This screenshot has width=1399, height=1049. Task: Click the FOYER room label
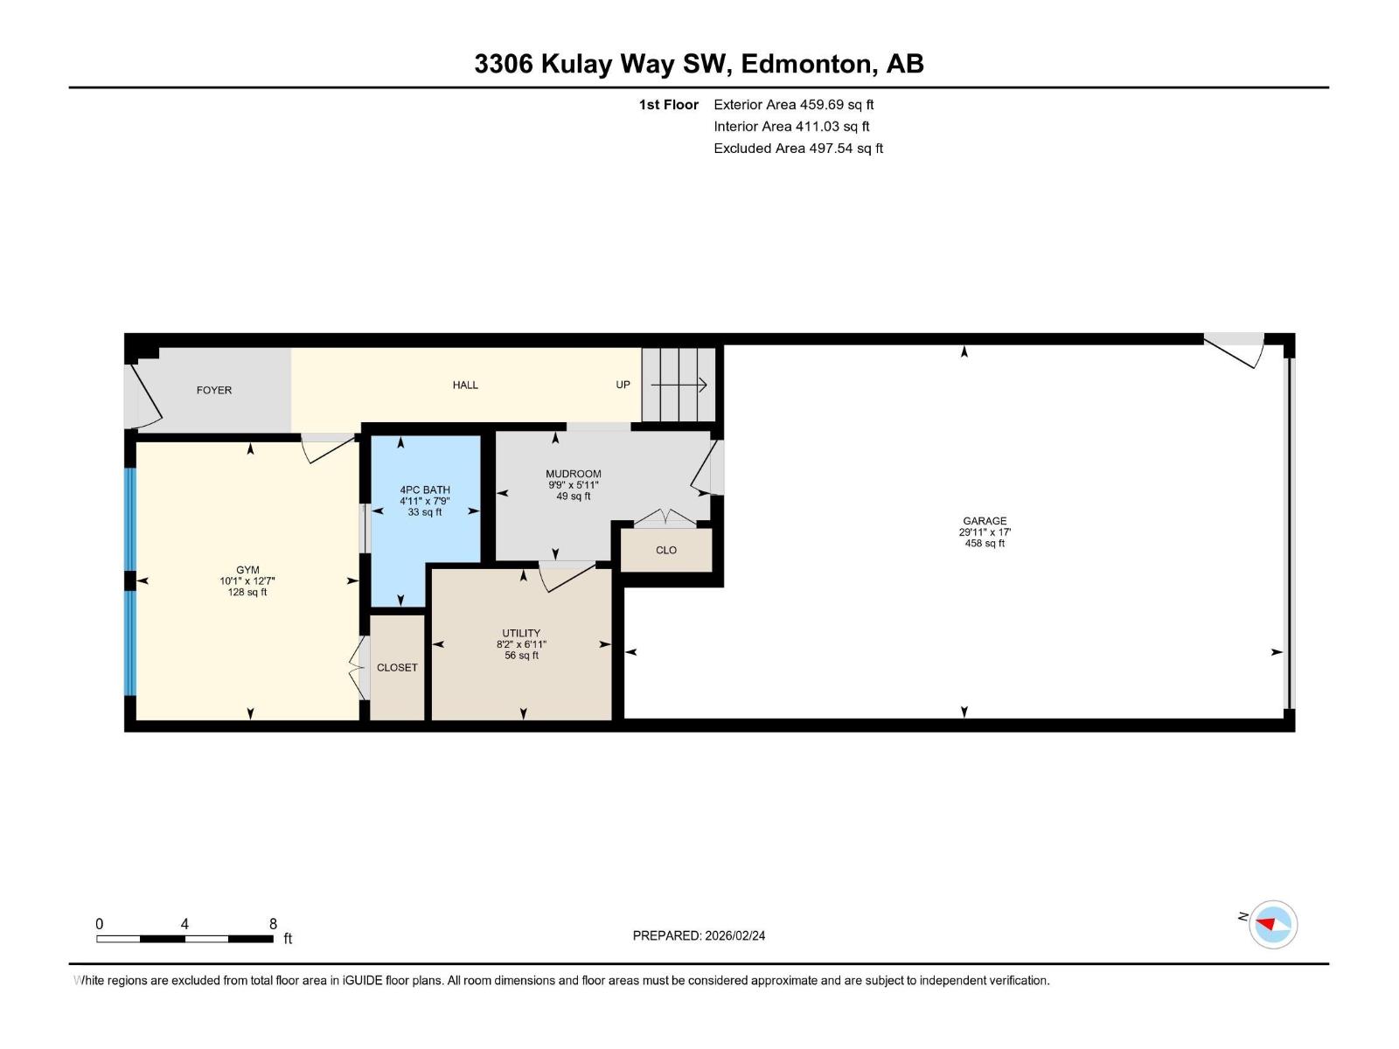tap(213, 390)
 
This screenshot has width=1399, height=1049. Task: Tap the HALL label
tap(464, 385)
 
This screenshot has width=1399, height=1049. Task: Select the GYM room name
tap(247, 570)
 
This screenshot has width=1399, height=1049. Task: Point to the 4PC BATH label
tap(424, 490)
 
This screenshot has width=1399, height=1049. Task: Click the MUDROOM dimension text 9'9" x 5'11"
tap(573, 484)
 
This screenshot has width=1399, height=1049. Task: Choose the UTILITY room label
tap(521, 633)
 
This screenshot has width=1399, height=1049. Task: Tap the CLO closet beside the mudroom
tap(666, 551)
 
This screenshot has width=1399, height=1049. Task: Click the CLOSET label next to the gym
tap(396, 668)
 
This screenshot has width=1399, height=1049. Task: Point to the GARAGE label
tap(985, 521)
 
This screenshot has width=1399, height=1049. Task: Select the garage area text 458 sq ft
tap(985, 543)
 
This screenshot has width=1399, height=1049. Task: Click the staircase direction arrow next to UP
tap(679, 385)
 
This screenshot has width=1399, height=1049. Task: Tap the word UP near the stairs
tap(623, 385)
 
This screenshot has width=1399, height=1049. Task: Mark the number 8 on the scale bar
tap(273, 923)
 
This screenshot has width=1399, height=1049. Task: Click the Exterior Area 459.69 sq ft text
tap(794, 104)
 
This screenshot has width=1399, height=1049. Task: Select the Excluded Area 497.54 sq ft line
tap(798, 149)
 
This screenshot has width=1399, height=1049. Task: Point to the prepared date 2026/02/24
tap(734, 935)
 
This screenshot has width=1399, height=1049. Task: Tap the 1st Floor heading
tap(669, 104)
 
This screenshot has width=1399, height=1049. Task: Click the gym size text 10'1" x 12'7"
tap(247, 580)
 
